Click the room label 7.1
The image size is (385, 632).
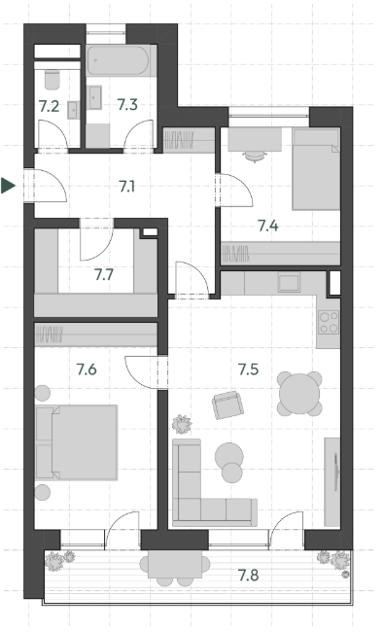coord(126,187)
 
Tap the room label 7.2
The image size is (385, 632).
coord(49,106)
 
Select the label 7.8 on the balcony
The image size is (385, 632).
coord(248,576)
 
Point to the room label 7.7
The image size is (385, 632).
coord(104,275)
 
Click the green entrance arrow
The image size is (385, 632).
coord(8,186)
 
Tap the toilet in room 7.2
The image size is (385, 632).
coord(52,80)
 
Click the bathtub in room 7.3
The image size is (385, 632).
coord(118,60)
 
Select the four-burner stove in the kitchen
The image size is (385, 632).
coord(329,323)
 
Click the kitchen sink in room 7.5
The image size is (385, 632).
coord(289,282)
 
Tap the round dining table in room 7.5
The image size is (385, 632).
coord(299,394)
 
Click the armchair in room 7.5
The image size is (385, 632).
coord(227,404)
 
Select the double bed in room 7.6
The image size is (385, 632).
coord(77,442)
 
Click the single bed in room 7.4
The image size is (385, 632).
coord(316,169)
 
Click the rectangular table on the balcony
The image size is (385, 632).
coord(175,564)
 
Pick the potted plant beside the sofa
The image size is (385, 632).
coord(182,424)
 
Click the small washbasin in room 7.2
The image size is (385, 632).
coord(73,110)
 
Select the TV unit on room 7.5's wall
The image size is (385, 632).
coord(332,482)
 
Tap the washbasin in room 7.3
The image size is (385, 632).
coord(95,97)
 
